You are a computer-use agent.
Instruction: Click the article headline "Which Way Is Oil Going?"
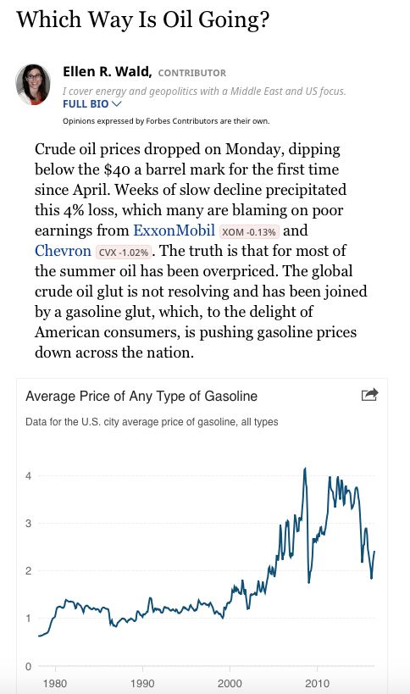[142, 19]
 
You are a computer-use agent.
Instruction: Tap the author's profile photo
[34, 84]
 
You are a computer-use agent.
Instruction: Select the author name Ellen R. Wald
[107, 72]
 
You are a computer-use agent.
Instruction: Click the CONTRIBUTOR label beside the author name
[192, 73]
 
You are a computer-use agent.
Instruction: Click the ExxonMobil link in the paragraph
[174, 230]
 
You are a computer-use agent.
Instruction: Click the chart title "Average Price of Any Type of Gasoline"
[141, 396]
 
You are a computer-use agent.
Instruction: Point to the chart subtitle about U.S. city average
[152, 421]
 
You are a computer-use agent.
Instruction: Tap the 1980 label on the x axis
[55, 682]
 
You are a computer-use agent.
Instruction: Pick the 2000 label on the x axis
[230, 682]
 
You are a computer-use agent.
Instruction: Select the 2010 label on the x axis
[317, 682]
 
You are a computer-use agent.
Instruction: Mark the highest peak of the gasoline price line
[305, 468]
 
